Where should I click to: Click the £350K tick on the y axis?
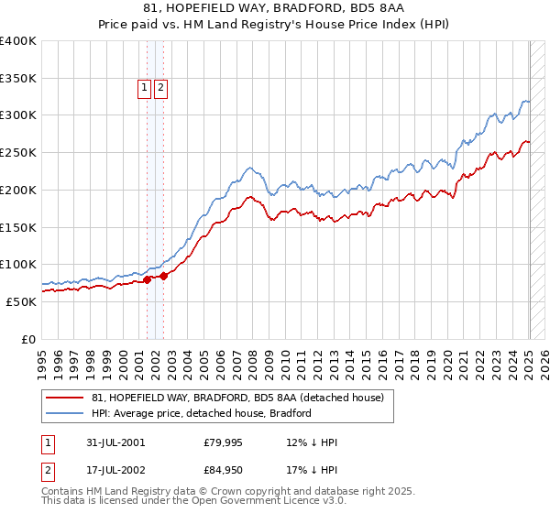point(19,79)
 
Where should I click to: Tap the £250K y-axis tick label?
point(19,153)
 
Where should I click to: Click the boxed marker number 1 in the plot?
point(145,88)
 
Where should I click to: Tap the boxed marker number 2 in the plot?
point(160,88)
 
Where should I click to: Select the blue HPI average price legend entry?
point(202,413)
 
